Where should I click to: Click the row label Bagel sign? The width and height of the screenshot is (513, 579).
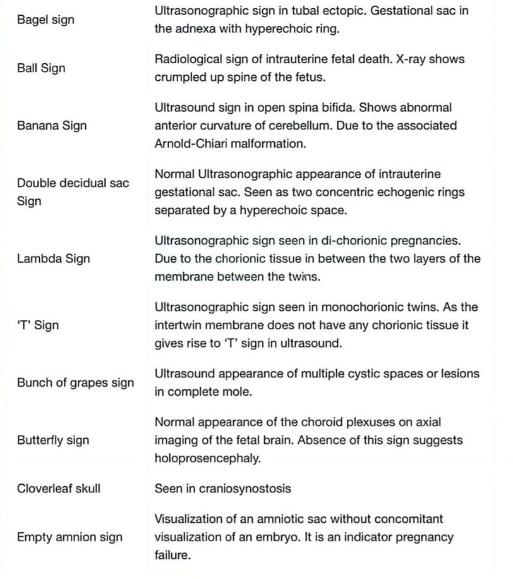coord(45,20)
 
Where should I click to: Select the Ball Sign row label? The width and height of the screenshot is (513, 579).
coord(41,68)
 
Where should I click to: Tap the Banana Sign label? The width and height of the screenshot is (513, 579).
coord(52,125)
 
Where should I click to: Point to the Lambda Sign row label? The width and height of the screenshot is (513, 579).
coord(53,259)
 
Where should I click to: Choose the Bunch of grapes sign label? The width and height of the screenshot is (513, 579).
coord(75,382)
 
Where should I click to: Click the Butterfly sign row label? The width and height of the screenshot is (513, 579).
coord(52,440)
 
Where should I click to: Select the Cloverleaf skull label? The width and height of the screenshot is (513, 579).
coord(58,488)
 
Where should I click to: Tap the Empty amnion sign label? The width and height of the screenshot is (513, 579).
coord(69,537)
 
